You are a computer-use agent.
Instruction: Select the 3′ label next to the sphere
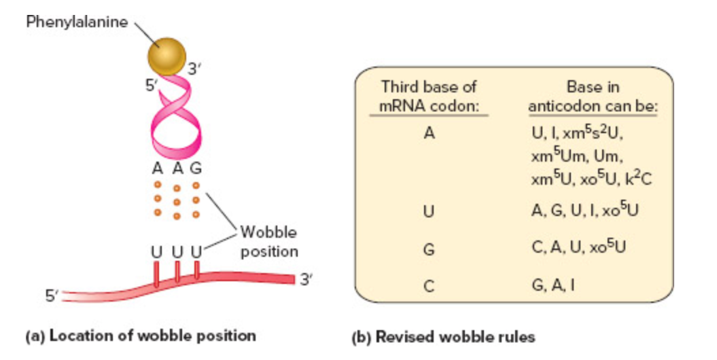[194, 69]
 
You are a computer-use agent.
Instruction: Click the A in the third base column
[428, 134]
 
